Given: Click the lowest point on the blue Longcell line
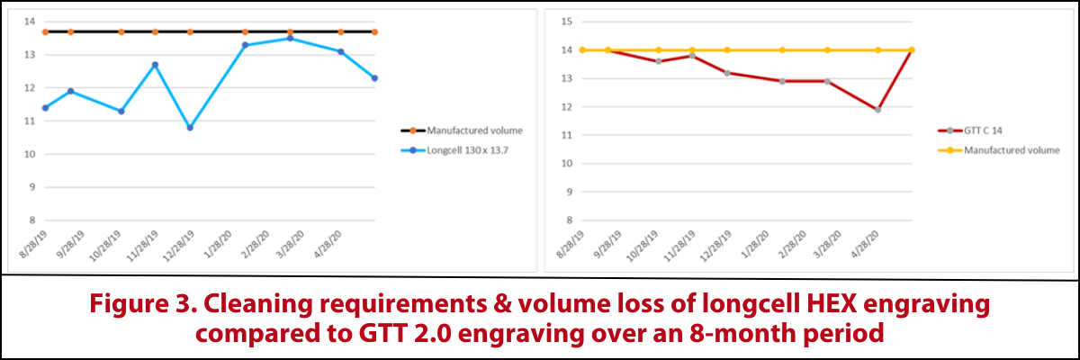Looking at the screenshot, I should [190, 128].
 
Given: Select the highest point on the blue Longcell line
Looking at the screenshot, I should [289, 39].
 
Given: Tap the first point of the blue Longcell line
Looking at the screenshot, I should [45, 108].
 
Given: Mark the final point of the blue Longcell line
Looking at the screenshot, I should [374, 78].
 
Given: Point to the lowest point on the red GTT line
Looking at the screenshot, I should [877, 110].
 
